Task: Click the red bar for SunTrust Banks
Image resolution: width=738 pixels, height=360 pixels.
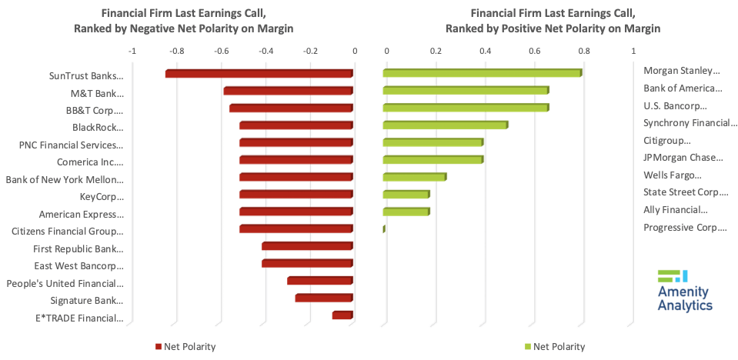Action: [x=259, y=74]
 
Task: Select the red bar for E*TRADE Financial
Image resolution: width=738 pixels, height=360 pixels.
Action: [x=342, y=315]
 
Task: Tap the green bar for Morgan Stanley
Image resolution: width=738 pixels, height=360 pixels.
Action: [x=482, y=73]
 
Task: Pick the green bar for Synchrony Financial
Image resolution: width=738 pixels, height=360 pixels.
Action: [x=445, y=125]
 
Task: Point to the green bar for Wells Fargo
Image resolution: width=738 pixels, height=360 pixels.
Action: [x=414, y=177]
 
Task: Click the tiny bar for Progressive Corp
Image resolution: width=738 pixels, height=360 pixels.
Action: [x=384, y=228]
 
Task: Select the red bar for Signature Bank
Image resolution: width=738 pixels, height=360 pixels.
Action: [x=323, y=298]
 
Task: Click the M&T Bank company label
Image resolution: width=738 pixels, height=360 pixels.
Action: [x=97, y=93]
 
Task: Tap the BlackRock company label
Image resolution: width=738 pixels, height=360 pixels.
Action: [x=98, y=128]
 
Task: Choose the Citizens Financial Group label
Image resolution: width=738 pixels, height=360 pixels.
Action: [x=67, y=232]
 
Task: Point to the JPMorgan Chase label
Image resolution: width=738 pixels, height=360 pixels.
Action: [x=683, y=158]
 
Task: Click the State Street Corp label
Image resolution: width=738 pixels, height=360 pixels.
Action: [x=686, y=192]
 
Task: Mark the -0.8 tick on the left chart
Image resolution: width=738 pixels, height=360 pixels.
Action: [x=176, y=52]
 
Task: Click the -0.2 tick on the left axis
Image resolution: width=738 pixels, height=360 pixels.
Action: [x=309, y=52]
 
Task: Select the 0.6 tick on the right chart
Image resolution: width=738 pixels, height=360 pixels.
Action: [x=535, y=52]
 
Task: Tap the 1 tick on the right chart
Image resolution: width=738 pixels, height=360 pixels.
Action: [x=633, y=52]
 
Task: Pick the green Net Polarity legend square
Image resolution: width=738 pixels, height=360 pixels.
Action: [x=527, y=347]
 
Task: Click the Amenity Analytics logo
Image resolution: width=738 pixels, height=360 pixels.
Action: [x=684, y=291]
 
